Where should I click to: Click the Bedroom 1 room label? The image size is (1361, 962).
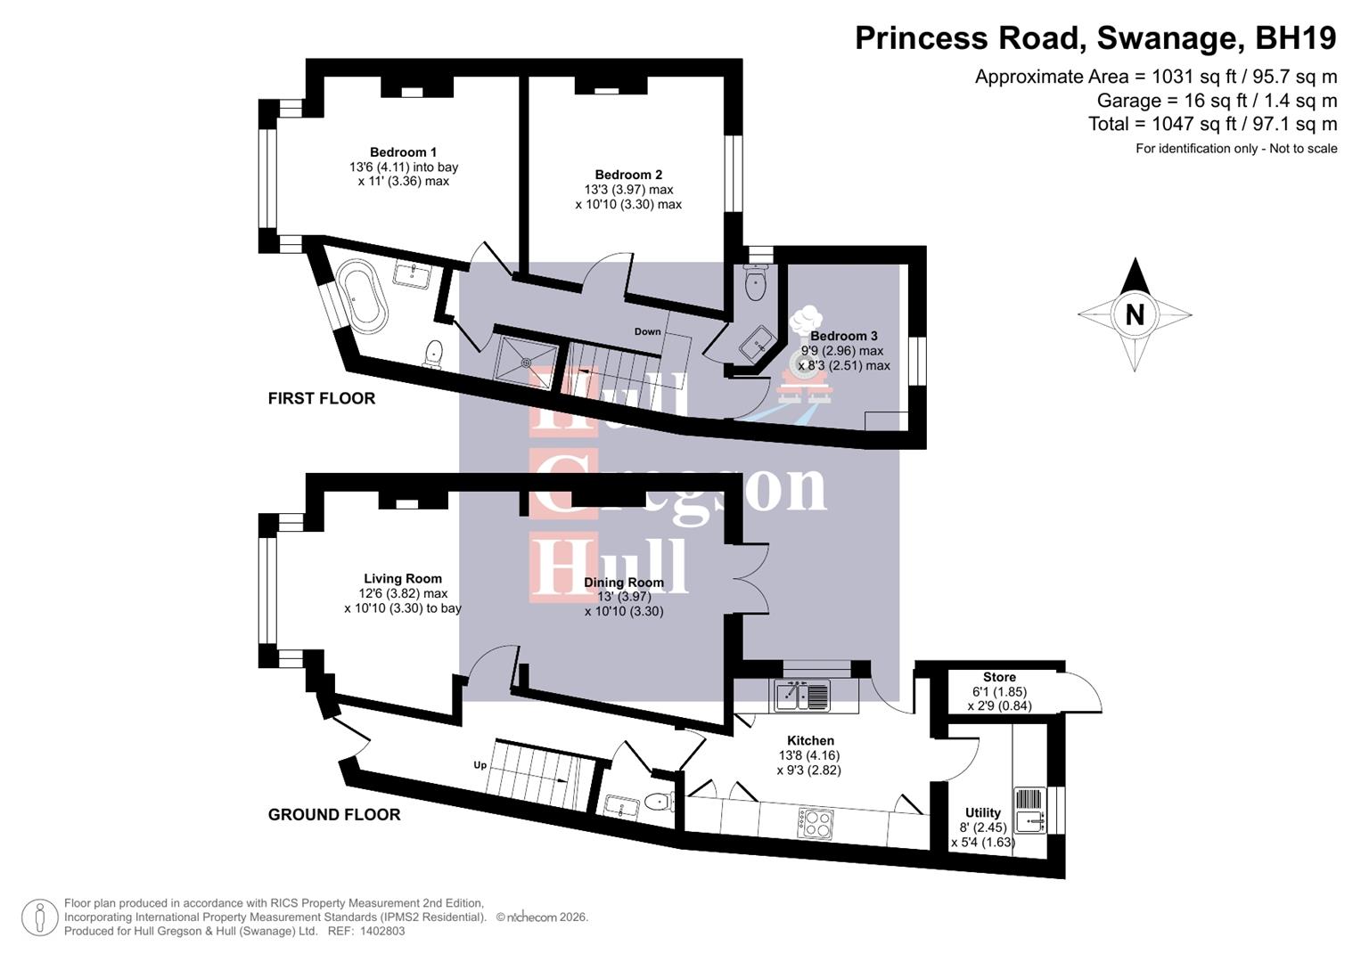click(403, 152)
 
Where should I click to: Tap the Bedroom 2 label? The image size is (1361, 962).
click(628, 175)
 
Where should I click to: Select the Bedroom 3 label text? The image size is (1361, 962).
click(843, 336)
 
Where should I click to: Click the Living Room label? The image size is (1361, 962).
click(402, 579)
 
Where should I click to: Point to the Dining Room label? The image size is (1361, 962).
click(624, 583)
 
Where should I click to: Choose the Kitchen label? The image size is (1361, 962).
click(810, 740)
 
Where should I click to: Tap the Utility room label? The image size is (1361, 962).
click(982, 812)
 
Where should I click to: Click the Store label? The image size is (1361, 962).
click(999, 677)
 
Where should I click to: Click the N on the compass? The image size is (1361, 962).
click(1135, 314)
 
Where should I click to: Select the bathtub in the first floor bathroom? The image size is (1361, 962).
click(365, 297)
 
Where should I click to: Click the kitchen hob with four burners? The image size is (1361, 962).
click(814, 822)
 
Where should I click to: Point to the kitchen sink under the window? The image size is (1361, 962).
click(802, 695)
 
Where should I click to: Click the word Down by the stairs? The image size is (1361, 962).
click(648, 331)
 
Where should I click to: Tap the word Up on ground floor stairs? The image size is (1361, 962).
click(480, 765)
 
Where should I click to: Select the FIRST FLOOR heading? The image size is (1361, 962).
click(322, 398)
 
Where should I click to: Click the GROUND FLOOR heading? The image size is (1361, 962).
click(334, 814)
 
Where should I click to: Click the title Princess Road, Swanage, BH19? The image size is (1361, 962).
click(1095, 38)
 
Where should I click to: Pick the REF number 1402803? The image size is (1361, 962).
click(381, 931)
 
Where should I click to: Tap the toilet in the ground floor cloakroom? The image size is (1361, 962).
click(658, 802)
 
